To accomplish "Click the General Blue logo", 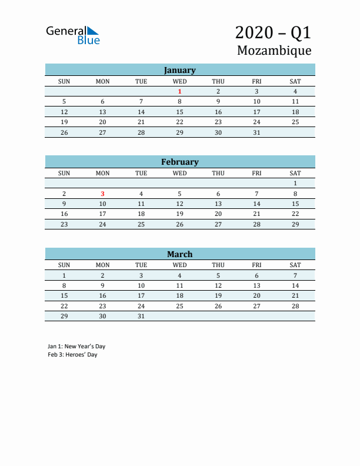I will point(73,35).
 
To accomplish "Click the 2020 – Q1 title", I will point(273,32).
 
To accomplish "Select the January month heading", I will point(179,70).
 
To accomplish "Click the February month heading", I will point(179,162).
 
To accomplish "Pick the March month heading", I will point(179,254).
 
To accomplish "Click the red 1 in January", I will point(179,91).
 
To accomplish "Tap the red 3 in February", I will point(102,194).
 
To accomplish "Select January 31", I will point(256,132).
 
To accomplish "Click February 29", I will point(295,224).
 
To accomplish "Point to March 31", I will point(141,316).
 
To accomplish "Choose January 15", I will point(179,112).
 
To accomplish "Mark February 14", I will point(256,204).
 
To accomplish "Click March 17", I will point(141,295).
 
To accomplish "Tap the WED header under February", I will point(179,173).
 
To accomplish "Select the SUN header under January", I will point(64,81).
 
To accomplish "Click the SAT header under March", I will point(295,265).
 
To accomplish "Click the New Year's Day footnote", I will point(76,346).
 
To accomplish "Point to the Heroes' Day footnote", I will point(72,355).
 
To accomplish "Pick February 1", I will point(295,183).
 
